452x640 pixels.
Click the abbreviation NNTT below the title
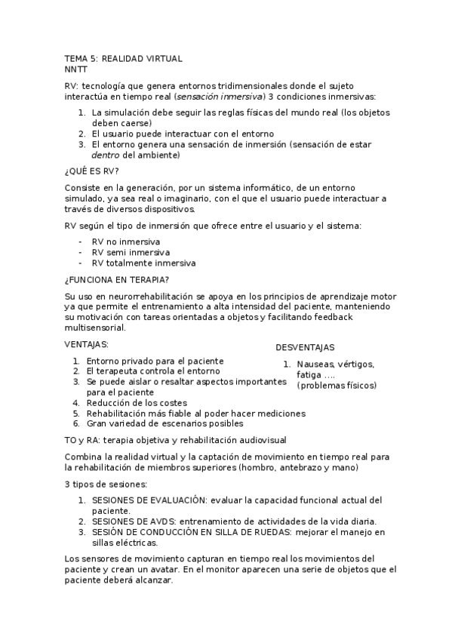76,69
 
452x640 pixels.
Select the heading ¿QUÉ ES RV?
92,171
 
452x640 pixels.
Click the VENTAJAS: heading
87,344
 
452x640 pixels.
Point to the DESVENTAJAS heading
305,347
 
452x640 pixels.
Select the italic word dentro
105,155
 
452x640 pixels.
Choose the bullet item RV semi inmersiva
131,252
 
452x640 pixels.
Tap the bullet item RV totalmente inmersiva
143,263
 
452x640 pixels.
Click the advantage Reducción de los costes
137,403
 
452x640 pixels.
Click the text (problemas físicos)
337,385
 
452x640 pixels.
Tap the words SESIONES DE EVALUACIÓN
149,500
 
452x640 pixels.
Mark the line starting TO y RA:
175,440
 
